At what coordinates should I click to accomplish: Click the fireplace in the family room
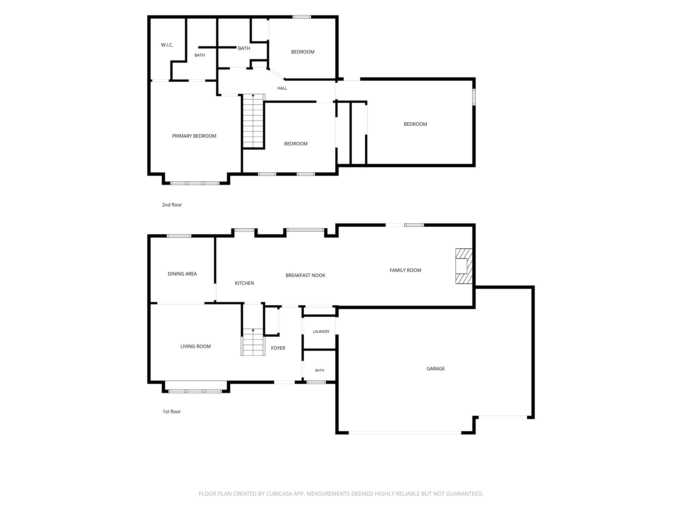(464, 266)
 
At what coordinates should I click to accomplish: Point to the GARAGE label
(435, 369)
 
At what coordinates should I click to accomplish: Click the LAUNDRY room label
(321, 331)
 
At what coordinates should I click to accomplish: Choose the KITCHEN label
(244, 283)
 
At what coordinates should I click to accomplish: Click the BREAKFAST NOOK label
(305, 275)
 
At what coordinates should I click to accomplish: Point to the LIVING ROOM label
(195, 346)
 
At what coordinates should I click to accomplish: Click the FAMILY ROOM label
(405, 270)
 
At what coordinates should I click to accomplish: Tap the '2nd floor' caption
(172, 205)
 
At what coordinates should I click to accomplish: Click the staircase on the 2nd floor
(253, 121)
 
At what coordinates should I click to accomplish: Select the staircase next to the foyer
(253, 342)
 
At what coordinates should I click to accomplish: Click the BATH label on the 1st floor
(319, 370)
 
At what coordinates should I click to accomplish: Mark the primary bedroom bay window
(195, 183)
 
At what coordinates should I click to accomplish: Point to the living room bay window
(195, 391)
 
